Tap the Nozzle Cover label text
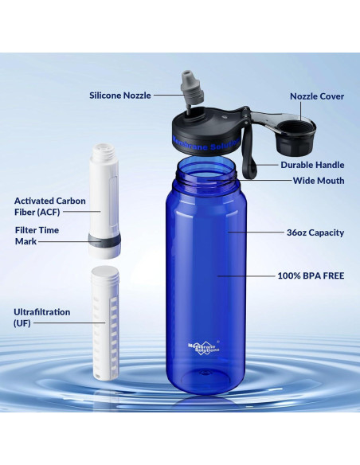click(316, 96)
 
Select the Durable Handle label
click(312, 165)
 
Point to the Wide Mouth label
click(318, 181)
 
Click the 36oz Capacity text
click(315, 233)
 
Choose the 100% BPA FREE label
click(311, 275)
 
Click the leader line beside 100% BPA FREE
click(243, 276)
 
